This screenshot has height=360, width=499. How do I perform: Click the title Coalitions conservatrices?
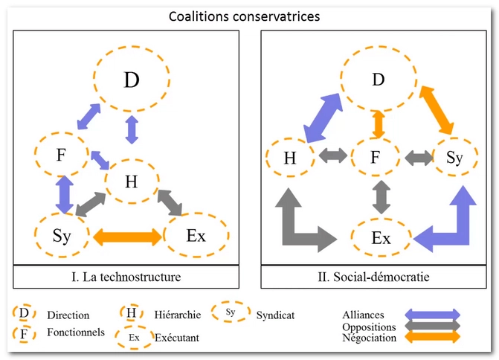point(249,16)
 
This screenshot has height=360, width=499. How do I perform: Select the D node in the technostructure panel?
point(132,80)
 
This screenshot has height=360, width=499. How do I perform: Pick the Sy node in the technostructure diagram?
point(62,236)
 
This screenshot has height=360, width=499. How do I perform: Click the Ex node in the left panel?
point(196,236)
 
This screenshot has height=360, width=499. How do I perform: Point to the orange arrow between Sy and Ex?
point(127,237)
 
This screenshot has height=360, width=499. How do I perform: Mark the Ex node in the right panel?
point(381,238)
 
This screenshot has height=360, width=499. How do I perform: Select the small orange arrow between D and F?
point(379,123)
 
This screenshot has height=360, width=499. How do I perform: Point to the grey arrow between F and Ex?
point(382,197)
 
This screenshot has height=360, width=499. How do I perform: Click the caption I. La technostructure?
point(132,277)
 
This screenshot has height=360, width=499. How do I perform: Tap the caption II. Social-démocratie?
point(380,277)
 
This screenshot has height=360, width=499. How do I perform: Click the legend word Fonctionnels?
point(76,332)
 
